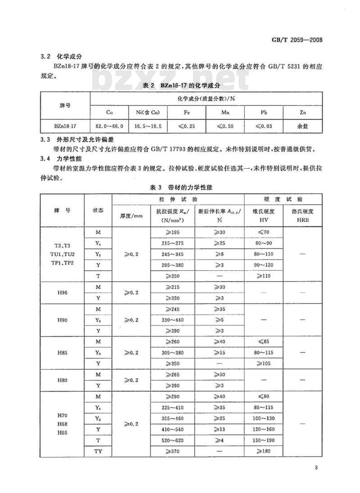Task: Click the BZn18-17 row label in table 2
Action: click(65, 126)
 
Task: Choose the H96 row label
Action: click(63, 292)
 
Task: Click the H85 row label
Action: click(63, 352)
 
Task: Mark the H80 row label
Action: click(63, 380)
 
